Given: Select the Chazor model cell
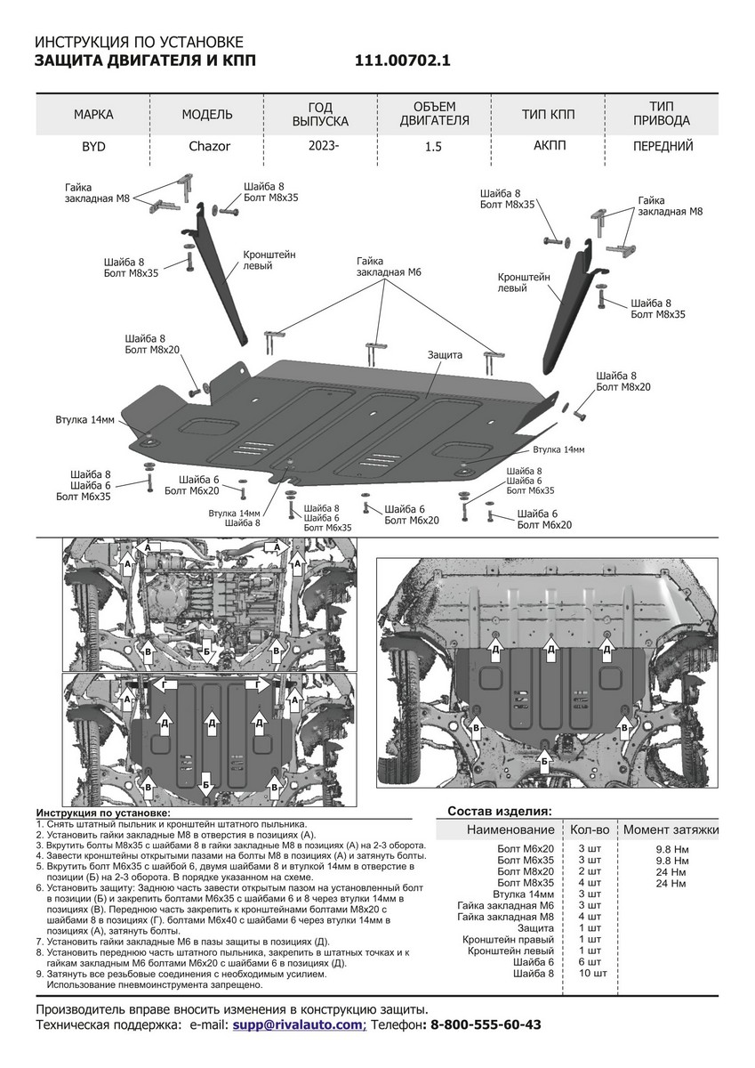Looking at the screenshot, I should [209, 147].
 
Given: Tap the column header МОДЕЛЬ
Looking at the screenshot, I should [207, 115].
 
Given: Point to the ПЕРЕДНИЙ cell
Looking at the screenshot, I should [663, 147].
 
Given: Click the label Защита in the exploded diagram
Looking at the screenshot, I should [445, 354].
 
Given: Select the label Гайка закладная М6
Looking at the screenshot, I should [383, 266].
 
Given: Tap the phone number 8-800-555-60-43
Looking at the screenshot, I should [486, 1025].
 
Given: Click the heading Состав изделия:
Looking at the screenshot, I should [499, 812].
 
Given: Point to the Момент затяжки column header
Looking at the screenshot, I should [671, 830].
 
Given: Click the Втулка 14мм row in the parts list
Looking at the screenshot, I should [523, 893].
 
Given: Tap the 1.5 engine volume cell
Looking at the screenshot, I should [435, 147].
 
